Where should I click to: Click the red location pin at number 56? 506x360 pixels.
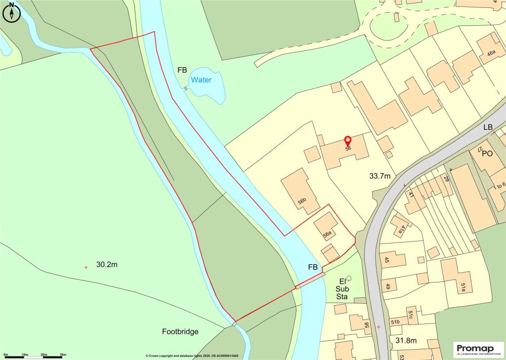[348, 141]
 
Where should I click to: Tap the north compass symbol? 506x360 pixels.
[11, 12]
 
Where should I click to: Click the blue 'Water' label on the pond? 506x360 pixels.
[201, 80]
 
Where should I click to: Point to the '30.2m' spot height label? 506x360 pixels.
[107, 265]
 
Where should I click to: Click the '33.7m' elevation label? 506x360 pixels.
[380, 176]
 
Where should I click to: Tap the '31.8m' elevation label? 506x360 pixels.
[406, 340]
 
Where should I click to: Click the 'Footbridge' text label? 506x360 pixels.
[180, 332]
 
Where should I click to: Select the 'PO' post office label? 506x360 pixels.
[487, 154]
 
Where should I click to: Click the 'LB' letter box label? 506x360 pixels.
[488, 127]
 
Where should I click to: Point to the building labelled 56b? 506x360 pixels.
[300, 190]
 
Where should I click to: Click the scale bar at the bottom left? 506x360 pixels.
[35, 355]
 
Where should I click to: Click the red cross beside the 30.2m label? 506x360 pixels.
[86, 267]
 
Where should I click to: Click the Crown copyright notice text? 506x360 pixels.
[192, 356]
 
